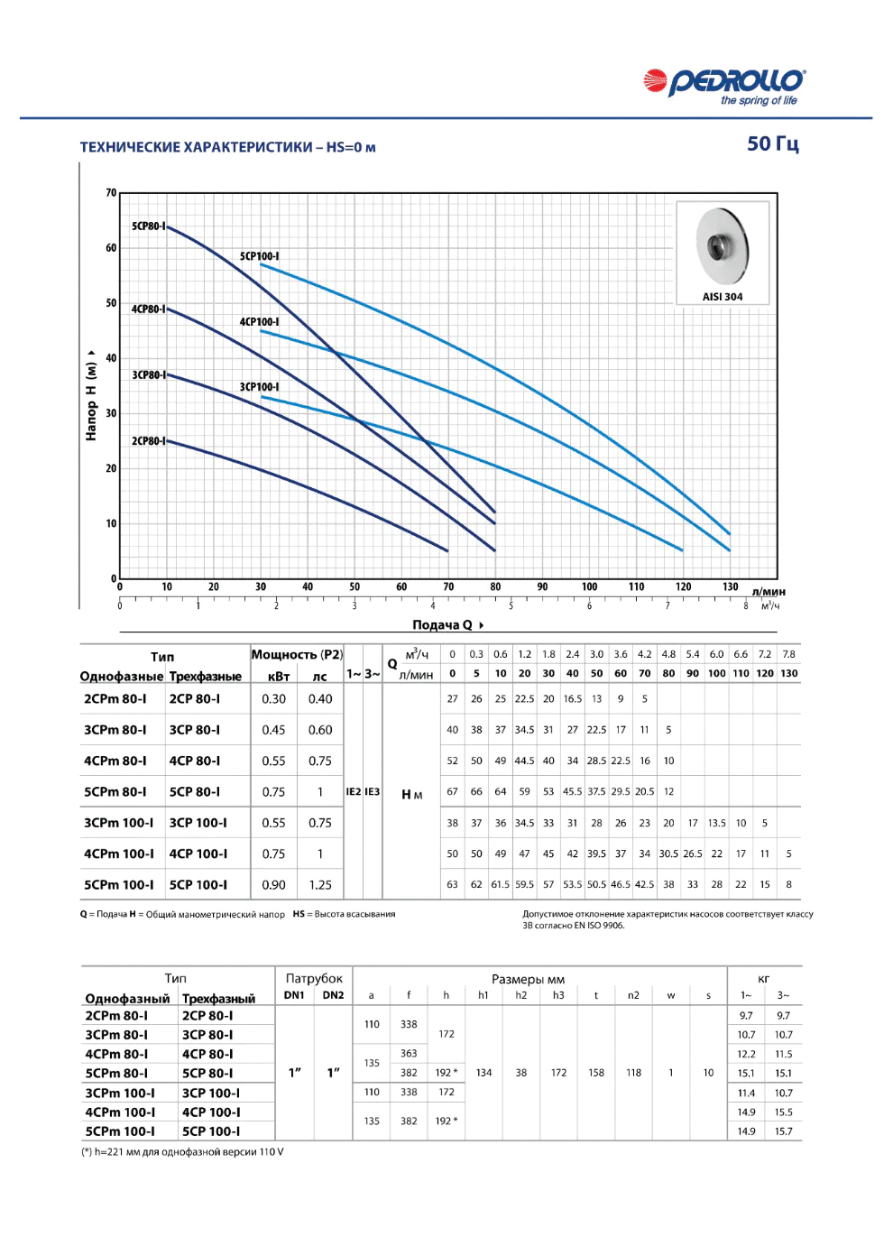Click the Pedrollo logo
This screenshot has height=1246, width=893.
tap(723, 87)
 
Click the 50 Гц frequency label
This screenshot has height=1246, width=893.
tap(773, 144)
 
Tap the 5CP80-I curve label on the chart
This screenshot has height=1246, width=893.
tap(149, 226)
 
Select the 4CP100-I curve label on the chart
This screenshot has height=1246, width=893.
tap(259, 321)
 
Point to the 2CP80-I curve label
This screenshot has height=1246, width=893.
tap(149, 440)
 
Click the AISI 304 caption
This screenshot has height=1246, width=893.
tap(723, 297)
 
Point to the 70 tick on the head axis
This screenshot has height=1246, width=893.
tap(111, 192)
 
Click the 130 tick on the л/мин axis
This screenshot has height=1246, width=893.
tap(730, 586)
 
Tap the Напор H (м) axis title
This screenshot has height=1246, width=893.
tap(91, 395)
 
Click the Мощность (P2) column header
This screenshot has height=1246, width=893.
tap(297, 654)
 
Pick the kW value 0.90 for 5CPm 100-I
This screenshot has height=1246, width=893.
tap(273, 884)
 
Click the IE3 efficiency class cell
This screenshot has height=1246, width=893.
tap(372, 791)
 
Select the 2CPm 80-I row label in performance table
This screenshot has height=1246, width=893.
tap(115, 698)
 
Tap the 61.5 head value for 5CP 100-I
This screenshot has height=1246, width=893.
tap(500, 884)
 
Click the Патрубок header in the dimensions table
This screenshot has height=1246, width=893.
tap(314, 978)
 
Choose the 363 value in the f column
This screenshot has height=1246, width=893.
tap(409, 1053)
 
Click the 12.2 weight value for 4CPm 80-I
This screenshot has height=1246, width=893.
tap(746, 1054)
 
